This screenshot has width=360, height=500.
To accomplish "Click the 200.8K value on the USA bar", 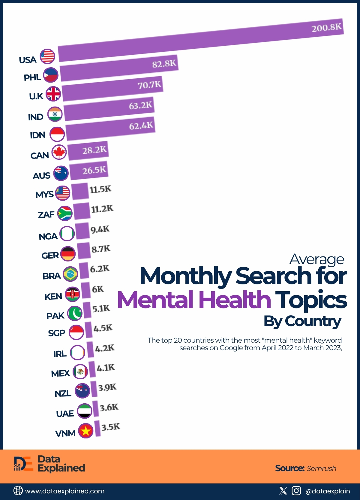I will (326, 28).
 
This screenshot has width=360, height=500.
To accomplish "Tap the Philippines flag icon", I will (51, 75).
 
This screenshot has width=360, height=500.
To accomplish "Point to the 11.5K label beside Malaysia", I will (100, 189).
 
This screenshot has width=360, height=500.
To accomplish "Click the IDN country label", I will (37, 135).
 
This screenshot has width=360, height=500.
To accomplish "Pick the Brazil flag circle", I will (70, 274).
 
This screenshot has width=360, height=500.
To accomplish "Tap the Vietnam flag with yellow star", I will (86, 431).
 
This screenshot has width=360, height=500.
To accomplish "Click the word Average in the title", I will (316, 259).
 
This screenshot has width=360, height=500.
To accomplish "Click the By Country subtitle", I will (302, 321).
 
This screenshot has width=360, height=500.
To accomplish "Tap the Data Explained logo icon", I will (23, 464).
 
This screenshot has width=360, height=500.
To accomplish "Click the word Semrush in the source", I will (321, 468).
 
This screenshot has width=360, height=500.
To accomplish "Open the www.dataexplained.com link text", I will (65, 491).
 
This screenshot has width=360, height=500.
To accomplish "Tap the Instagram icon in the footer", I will (296, 491).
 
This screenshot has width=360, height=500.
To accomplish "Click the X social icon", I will (283, 491).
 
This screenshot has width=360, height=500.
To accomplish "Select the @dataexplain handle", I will (328, 491).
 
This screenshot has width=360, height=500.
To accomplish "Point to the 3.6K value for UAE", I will (109, 408).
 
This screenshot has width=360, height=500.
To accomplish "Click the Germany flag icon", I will (68, 254).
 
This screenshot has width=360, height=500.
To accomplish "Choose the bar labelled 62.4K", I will (110, 129).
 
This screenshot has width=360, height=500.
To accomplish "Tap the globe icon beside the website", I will (18, 491).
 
